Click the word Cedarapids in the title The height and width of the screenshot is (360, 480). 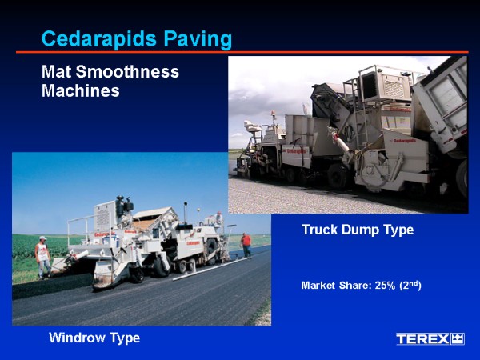(x=99, y=39)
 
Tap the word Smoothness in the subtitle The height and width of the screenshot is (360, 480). (x=127, y=72)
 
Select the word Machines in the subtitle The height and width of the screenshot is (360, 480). (x=81, y=91)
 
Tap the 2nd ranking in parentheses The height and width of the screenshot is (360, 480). (x=410, y=285)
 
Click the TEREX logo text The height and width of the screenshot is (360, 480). (x=422, y=339)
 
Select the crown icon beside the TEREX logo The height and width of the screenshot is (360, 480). (x=458, y=339)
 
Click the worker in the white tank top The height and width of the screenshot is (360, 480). (x=43, y=257)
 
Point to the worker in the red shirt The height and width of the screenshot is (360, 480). (x=246, y=245)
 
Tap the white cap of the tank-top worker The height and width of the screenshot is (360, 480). (x=43, y=238)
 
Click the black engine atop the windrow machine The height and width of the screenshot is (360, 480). (x=124, y=207)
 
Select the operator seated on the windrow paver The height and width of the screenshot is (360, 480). (x=218, y=218)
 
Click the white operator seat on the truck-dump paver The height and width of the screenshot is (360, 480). (x=252, y=126)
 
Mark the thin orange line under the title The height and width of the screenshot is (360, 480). (x=242, y=52)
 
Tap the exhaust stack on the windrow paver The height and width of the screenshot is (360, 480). (x=186, y=213)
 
